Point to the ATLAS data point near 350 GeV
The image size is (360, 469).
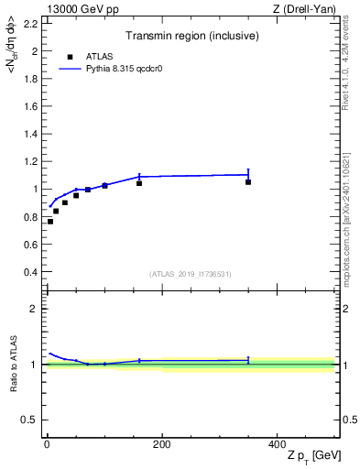(248, 181)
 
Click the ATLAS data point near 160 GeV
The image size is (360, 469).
(139, 183)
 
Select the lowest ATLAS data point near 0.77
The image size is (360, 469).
(50, 222)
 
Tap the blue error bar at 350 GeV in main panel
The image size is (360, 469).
(248, 174)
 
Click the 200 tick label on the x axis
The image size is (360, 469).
(161, 444)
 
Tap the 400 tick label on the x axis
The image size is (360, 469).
(277, 444)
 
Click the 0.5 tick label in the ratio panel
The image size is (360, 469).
(31, 420)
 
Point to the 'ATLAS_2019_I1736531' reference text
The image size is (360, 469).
(191, 274)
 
